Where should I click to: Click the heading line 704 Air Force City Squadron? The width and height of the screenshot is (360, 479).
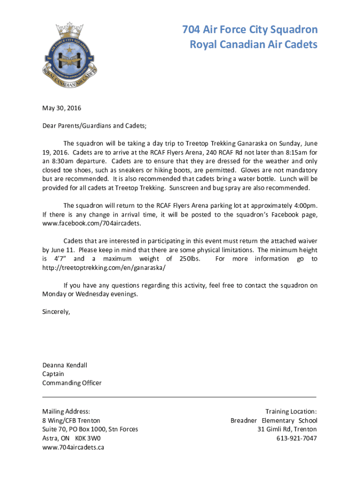(x=250, y=30)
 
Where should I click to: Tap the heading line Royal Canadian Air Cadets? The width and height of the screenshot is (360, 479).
(x=253, y=44)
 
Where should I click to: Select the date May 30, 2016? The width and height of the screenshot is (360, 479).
(x=62, y=108)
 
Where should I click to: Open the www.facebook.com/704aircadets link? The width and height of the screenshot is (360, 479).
(x=92, y=224)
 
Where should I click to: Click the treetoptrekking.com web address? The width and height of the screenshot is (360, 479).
(x=104, y=268)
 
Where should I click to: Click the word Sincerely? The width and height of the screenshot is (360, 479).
(x=56, y=312)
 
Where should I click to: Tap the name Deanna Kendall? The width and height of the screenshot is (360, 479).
(x=65, y=365)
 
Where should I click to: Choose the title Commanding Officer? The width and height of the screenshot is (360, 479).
(x=72, y=383)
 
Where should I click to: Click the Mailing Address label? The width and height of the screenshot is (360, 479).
(x=66, y=412)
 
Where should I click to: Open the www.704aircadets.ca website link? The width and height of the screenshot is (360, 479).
(x=73, y=447)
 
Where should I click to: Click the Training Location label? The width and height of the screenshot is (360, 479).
(x=291, y=412)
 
